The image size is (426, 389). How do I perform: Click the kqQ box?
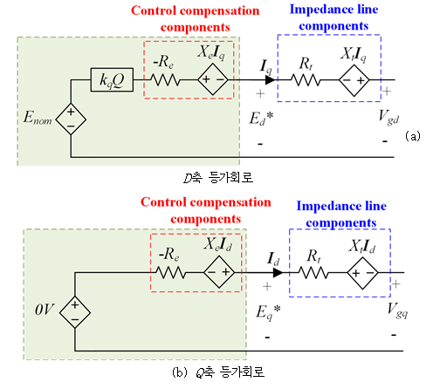(112, 80)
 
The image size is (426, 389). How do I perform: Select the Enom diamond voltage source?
(71, 119)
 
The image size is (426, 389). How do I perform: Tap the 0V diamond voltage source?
(75, 312)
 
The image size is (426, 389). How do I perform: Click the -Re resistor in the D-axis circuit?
(165, 79)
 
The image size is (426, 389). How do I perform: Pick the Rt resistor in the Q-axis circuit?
(313, 273)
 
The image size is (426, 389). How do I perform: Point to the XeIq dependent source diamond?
(213, 79)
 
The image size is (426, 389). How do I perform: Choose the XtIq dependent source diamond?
(354, 80)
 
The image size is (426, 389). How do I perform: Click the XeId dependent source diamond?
(219, 272)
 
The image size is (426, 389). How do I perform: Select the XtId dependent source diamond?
(362, 273)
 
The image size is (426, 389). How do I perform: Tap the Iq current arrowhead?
(271, 79)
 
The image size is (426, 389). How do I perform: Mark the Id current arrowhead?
(278, 273)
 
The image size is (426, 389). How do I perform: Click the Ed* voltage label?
(261, 119)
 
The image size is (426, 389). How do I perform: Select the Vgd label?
(388, 117)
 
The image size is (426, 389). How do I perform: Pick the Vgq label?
(397, 311)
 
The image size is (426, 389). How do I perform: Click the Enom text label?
(38, 118)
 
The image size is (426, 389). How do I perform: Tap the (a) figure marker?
(413, 136)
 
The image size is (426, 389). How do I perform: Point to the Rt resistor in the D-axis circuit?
(306, 79)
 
